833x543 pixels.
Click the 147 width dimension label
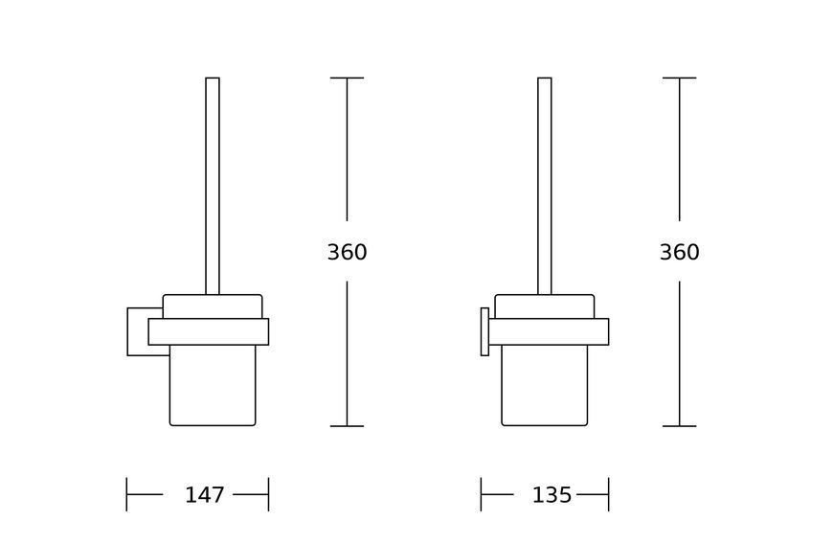[205, 495]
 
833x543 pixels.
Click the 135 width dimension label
[552, 495]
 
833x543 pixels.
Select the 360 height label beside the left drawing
[347, 252]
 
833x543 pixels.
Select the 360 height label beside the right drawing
[680, 252]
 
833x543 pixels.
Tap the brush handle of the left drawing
[213, 186]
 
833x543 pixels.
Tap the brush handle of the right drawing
[545, 186]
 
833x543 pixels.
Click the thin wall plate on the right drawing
[484, 331]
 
